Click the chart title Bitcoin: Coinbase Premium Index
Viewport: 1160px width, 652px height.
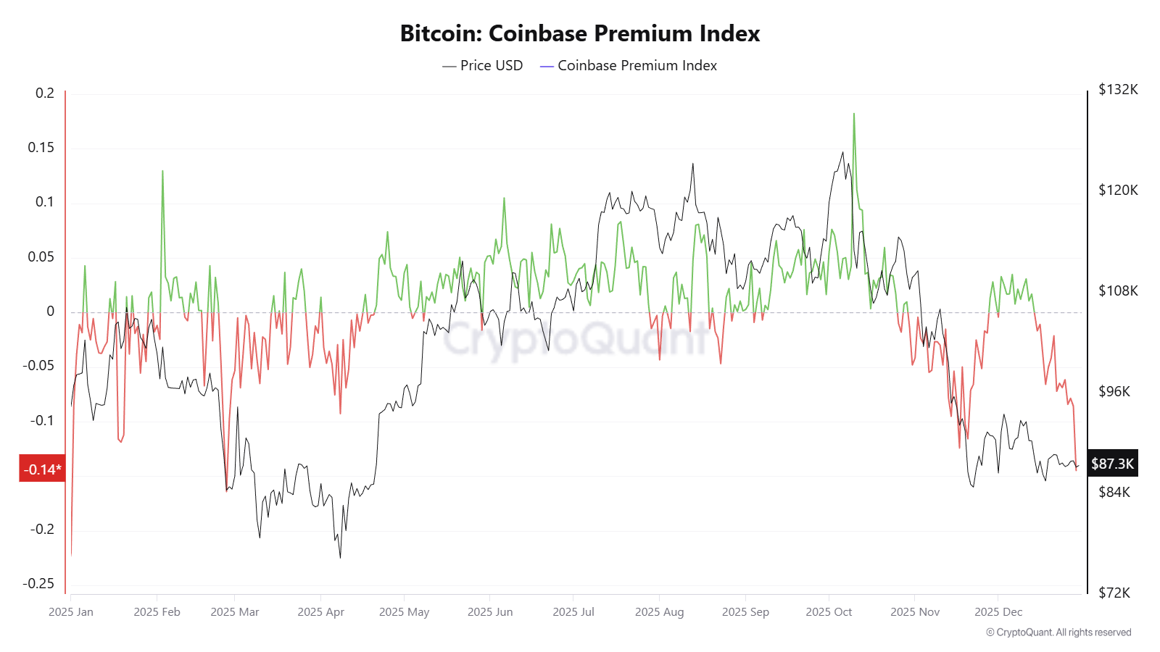(579, 33)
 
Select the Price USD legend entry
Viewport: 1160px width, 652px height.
(483, 65)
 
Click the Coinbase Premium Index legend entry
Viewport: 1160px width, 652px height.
(629, 65)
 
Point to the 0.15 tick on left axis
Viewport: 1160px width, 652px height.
(41, 148)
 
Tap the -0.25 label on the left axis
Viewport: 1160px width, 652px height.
(38, 584)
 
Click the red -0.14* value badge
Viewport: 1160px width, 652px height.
(42, 469)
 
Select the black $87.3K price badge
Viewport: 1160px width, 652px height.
(1112, 464)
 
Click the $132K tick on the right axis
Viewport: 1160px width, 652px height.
(1118, 90)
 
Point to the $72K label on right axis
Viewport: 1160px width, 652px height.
(1114, 593)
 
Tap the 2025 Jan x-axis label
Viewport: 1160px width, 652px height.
(71, 612)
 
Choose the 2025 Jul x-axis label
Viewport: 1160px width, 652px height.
(573, 612)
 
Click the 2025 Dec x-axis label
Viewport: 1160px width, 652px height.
(998, 612)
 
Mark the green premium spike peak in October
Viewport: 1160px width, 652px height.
(854, 114)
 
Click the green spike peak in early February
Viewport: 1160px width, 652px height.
(162, 171)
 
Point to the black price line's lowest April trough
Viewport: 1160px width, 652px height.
(340, 557)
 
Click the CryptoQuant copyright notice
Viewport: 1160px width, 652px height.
(1058, 632)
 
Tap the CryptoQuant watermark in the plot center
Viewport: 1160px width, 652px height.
(576, 338)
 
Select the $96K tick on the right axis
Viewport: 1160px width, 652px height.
(1114, 392)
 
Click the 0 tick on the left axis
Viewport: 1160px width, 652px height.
(50, 312)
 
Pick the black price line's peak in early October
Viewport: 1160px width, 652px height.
(842, 152)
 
